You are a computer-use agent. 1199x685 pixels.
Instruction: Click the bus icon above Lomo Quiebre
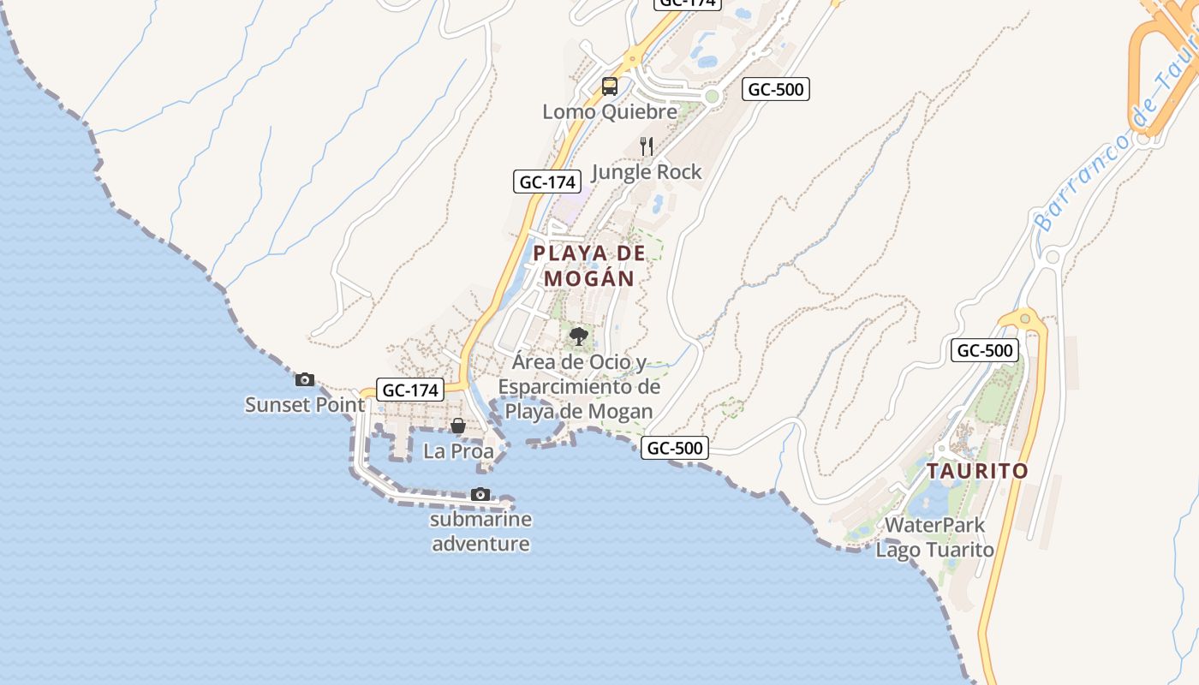610,86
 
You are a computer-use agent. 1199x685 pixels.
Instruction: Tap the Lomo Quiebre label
610,111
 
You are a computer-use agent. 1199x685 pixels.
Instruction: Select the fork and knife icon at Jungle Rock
647,146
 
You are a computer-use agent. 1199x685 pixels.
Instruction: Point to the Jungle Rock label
647,172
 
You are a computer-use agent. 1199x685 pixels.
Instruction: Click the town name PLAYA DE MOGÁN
589,265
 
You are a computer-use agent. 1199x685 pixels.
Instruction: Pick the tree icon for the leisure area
579,336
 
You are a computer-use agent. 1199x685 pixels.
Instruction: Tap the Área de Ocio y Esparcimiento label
580,387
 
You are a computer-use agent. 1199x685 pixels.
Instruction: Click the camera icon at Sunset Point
305,379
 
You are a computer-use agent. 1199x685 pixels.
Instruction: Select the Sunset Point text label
305,404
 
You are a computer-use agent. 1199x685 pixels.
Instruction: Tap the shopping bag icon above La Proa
458,426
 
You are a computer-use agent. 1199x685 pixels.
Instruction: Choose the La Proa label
459,450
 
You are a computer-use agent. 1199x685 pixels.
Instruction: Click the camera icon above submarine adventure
480,494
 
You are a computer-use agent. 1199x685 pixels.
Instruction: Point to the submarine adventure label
480,531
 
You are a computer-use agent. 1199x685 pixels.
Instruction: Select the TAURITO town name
977,471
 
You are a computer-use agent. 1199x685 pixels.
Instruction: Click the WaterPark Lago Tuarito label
935,537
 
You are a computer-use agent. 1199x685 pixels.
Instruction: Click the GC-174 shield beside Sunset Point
410,390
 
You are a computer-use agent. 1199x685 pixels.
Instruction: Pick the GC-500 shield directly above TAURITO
985,350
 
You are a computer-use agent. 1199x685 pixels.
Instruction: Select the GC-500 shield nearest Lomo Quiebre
776,89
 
